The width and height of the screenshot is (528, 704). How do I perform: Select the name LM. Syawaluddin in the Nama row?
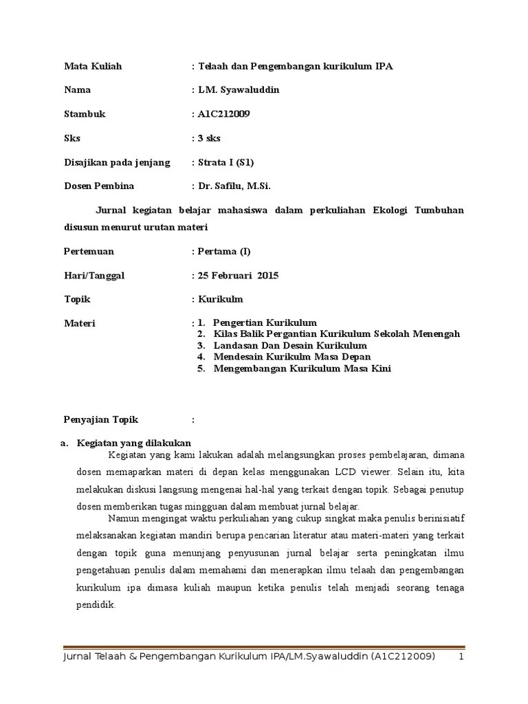pos(238,90)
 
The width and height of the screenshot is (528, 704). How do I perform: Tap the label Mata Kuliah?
pos(93,66)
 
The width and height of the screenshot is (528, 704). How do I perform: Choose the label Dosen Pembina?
pos(99,186)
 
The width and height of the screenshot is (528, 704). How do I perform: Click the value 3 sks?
pos(209,138)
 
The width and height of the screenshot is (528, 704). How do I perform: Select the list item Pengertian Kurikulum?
pos(265,322)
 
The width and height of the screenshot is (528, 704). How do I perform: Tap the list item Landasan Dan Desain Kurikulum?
pos(290,346)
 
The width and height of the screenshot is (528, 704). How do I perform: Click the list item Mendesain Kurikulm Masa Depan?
pos(292,357)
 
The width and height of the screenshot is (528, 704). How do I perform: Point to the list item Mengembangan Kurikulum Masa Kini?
pos(302,368)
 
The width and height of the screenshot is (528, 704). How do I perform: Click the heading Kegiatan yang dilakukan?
pos(134,443)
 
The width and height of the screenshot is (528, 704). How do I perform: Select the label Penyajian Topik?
pos(101,419)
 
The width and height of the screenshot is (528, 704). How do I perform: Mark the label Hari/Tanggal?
pos(94,276)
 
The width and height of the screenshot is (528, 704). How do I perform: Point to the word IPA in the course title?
pos(384,66)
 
